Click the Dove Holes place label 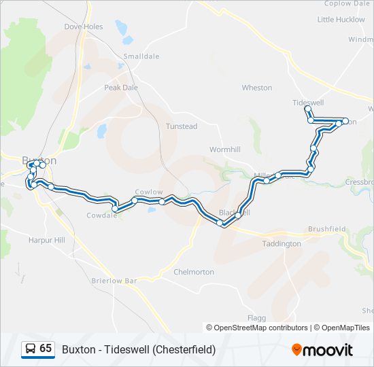[x=83, y=27]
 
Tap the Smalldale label [x=139, y=56]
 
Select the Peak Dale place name [x=121, y=88]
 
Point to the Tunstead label [x=182, y=126]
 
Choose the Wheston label [x=257, y=88]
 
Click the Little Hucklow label [x=341, y=20]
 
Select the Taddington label [x=282, y=243]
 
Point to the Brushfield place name [x=327, y=230]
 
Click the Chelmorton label [x=194, y=272]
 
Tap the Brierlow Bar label [x=114, y=280]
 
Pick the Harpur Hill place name [x=46, y=240]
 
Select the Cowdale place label [x=101, y=215]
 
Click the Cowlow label [x=149, y=192]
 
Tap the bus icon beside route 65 [x=30, y=349]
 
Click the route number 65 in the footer [x=46, y=349]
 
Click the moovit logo [x=322, y=350]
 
